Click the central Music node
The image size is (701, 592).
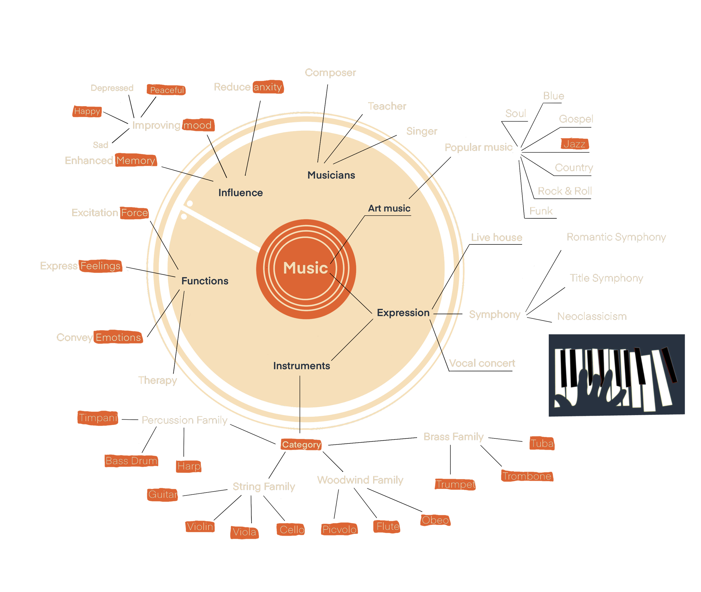coord(306,269)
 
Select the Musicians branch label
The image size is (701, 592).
coord(331,175)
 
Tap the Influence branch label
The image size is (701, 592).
coord(240,193)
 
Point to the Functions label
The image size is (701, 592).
coord(205,281)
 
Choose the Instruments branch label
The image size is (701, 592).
coord(301,366)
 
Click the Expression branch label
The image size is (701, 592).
coord(403,313)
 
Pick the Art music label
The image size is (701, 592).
coord(389,209)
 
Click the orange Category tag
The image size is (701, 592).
coord(301,445)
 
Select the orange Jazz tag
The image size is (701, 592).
coord(575,144)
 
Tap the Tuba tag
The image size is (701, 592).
coord(542,444)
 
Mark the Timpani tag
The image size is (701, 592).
coord(98,418)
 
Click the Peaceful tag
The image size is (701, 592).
coord(167,90)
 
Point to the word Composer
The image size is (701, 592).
coord(330,73)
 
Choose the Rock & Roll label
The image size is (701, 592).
coord(565,191)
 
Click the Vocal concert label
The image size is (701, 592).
coord(482,364)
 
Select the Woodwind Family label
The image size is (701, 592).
coord(360,480)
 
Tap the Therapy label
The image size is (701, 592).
coord(158,381)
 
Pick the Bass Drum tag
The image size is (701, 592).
coord(131,461)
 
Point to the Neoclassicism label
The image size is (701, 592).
coord(592,316)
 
